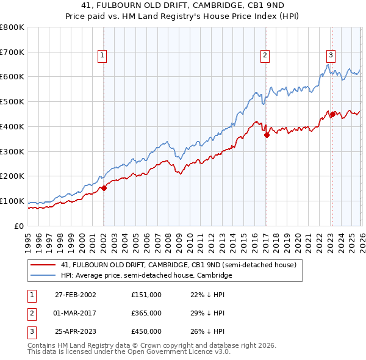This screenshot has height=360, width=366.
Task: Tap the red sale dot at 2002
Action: [x=104, y=188]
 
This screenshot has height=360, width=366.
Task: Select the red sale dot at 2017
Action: [x=267, y=135]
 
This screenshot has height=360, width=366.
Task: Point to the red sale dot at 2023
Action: [x=333, y=113]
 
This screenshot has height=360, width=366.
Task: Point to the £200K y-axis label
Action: [x=12, y=176]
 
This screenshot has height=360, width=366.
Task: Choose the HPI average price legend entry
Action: [x=146, y=275]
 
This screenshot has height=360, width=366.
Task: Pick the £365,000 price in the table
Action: [x=146, y=313]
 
